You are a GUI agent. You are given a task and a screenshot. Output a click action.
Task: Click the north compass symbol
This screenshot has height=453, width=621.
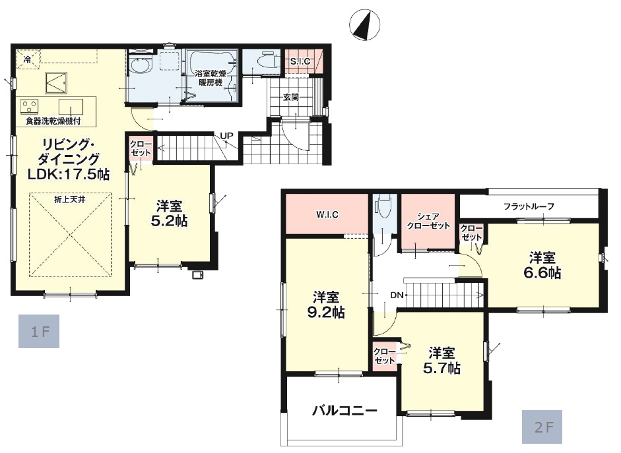tap(365, 25)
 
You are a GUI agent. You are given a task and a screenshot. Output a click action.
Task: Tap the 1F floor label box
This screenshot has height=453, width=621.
tap(39, 331)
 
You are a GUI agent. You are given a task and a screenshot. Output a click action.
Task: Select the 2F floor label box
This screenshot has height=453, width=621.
tap(542, 427)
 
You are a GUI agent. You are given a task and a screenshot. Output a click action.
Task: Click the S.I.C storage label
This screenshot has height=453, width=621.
tap(300, 61)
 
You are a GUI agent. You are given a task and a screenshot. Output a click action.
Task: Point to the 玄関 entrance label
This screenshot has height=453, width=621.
tap(291, 96)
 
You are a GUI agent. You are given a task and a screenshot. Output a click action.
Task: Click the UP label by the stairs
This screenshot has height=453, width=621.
tap(226, 136)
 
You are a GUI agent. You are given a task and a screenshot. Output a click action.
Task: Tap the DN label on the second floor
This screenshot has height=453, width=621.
tap(397, 295)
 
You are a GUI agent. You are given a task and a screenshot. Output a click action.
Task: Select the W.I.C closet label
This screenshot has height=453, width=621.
tap(327, 215)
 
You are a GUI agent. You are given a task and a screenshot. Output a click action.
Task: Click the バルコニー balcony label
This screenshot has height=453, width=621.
tap(344, 411)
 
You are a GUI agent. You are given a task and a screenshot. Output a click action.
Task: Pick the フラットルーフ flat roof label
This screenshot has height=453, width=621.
tap(529, 206)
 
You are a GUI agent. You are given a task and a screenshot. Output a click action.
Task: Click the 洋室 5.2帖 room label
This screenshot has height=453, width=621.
tap(169, 213)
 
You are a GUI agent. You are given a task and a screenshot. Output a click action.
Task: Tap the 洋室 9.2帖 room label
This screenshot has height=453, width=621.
tap(326, 305)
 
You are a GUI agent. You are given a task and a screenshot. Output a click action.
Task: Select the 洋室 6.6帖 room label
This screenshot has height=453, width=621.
tap(542, 266)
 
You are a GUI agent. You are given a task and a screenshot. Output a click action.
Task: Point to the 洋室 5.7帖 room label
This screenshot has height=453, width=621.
tap(441, 361)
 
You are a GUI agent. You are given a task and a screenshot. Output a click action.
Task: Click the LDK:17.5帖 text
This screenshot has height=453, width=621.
tap(69, 174)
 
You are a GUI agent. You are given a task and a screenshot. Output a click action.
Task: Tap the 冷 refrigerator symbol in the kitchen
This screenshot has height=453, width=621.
tap(28, 59)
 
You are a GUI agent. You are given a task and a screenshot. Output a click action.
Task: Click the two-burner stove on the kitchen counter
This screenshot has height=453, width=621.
tap(29, 106)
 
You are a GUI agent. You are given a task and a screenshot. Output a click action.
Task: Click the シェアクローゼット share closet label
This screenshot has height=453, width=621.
tap(428, 222)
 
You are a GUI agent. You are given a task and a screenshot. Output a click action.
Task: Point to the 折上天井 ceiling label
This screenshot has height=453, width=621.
tap(70, 200)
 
